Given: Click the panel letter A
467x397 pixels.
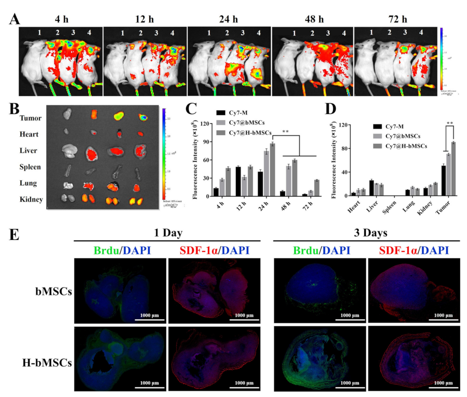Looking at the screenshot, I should coord(15,19).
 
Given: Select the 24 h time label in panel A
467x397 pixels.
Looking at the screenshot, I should coord(228,20).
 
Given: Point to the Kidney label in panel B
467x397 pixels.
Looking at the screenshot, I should coord(32,199).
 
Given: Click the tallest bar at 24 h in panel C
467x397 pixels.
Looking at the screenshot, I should coord(272,171).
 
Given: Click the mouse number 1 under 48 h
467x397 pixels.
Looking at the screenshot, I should coord(293,33).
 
